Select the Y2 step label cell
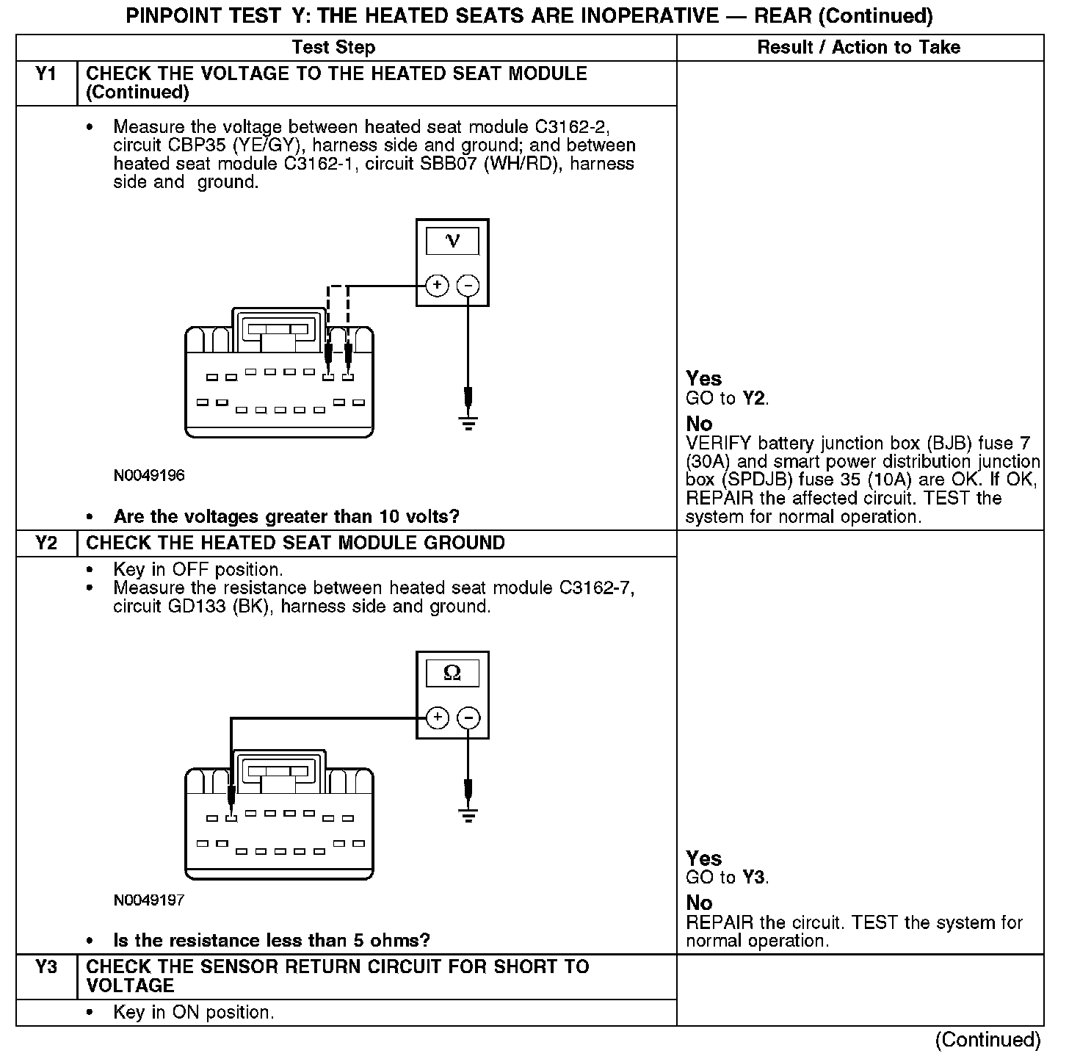tap(46, 543)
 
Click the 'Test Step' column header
tap(333, 48)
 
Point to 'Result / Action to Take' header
tap(858, 48)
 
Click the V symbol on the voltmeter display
tap(452, 241)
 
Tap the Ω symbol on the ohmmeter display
tap(452, 673)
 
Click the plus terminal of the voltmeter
tap(437, 286)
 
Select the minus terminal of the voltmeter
tap(468, 286)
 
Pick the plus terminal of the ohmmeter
tap(437, 718)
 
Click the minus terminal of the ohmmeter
tap(468, 718)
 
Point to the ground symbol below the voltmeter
tap(468, 422)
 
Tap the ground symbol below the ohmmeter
tap(468, 814)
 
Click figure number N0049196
tap(149, 476)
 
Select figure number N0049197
tap(149, 900)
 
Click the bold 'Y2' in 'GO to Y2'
tap(754, 399)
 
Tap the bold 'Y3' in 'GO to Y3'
tap(754, 878)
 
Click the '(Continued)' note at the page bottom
tap(988, 1040)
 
